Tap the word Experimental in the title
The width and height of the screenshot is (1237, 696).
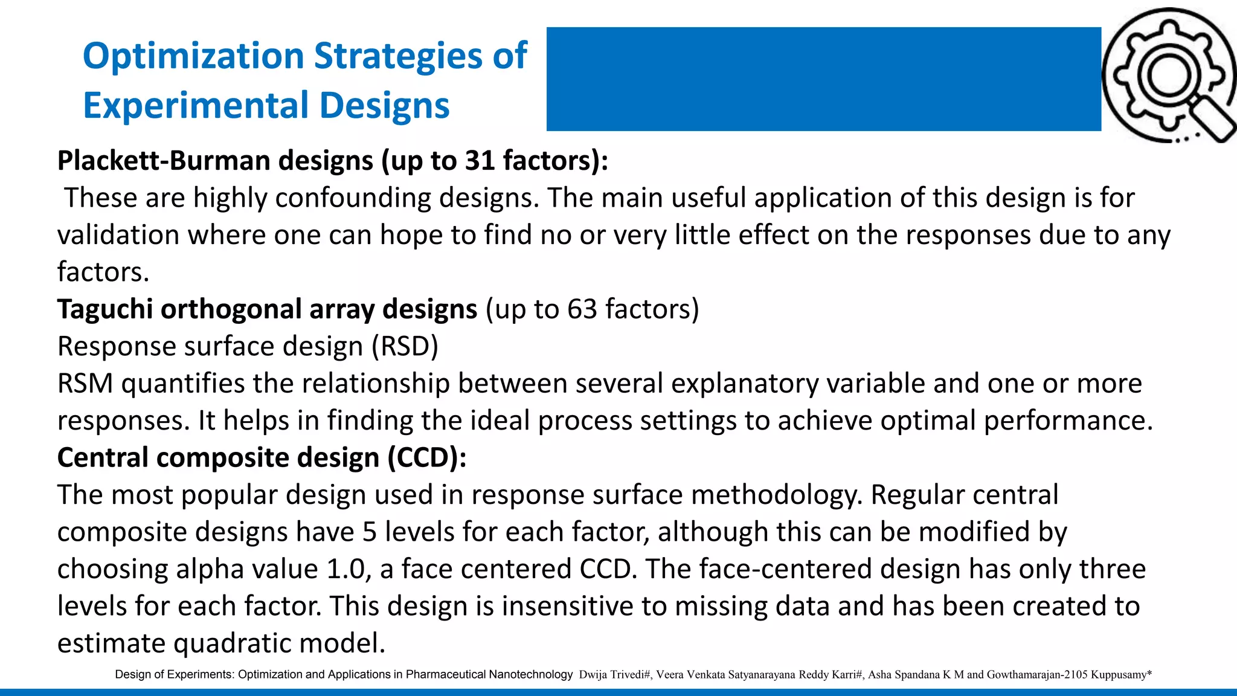point(195,106)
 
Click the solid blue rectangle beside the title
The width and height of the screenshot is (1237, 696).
point(823,79)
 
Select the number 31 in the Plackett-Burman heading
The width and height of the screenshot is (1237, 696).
point(480,161)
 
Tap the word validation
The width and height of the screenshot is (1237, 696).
point(118,235)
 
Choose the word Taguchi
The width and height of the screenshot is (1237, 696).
point(105,309)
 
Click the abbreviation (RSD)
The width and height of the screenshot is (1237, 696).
point(405,347)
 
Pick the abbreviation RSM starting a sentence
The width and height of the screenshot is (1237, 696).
point(85,384)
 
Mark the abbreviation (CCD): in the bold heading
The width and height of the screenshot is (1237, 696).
point(427,458)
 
